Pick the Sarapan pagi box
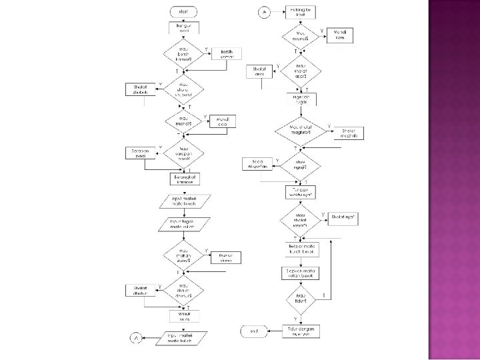(x=139, y=153)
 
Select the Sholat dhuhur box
(x=139, y=291)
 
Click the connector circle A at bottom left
(x=135, y=338)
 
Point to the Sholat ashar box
(x=259, y=71)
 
